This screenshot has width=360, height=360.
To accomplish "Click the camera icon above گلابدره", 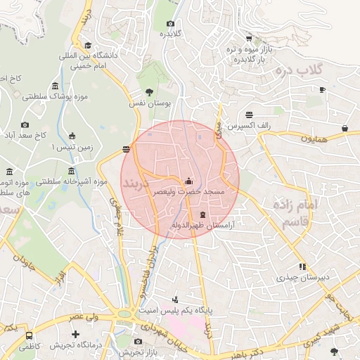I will point(170,23).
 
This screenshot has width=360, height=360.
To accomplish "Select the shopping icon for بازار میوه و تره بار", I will point(249,39).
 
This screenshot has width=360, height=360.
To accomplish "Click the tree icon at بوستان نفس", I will point(148,92).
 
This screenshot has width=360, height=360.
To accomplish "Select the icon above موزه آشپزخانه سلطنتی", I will point(72,172).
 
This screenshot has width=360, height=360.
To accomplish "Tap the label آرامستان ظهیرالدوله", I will point(202,225).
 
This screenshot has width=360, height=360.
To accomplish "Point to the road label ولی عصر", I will point(82,319).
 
